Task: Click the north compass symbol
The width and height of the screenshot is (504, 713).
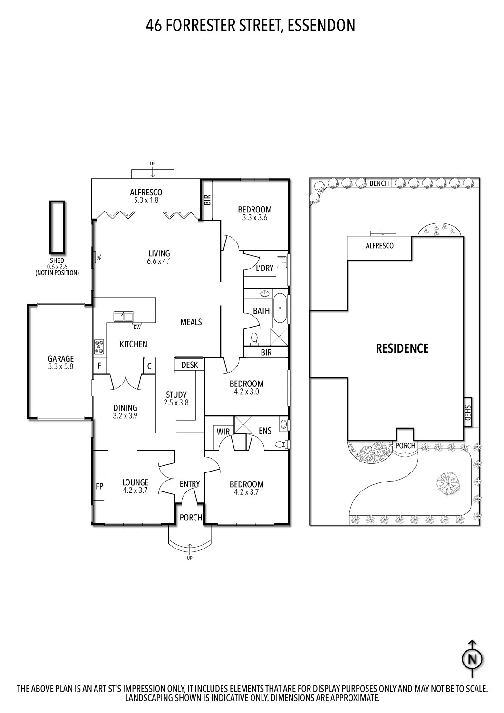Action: point(472,659)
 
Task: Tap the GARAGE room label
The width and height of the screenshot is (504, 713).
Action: point(60,359)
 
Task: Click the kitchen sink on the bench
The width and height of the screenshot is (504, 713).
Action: point(124,316)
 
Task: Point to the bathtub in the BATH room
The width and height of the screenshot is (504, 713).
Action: point(280,308)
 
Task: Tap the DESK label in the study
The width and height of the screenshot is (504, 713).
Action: point(190,365)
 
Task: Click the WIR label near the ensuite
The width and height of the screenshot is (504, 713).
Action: point(223,431)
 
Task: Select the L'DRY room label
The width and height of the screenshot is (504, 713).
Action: point(264,268)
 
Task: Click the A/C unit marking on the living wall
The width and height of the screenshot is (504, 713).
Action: point(99,258)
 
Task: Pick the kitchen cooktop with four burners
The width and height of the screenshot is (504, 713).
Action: point(99,346)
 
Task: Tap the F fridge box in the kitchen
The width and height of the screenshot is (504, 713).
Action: point(99,366)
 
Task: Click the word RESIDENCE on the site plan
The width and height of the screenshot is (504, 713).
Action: point(402,348)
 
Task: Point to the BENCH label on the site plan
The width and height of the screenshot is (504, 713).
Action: point(379,183)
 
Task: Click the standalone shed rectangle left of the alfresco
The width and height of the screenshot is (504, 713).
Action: point(57,227)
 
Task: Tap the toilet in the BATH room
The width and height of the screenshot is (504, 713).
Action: point(254,338)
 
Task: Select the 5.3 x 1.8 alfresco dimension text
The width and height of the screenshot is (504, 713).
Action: point(146,200)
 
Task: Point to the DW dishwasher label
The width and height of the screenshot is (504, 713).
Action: point(137,327)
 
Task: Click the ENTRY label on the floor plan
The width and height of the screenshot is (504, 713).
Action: point(189,484)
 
